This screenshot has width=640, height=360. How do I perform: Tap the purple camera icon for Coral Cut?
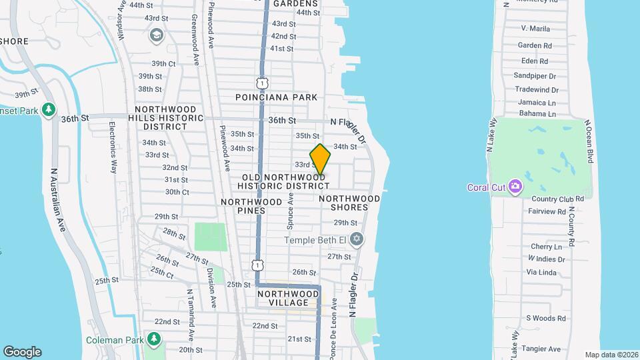515,186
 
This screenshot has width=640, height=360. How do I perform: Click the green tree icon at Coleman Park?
155,339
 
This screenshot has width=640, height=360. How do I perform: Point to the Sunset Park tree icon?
48,109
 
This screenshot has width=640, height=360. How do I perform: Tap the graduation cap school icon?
157,35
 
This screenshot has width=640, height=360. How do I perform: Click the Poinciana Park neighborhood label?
276,97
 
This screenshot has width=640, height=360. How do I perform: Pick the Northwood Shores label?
349,203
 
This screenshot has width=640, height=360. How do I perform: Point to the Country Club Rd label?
557,199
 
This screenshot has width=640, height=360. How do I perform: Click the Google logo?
22,351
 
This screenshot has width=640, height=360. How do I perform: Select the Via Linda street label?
541,272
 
